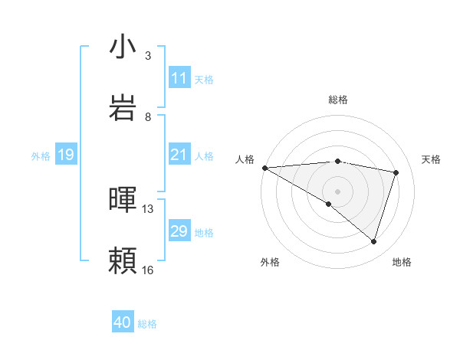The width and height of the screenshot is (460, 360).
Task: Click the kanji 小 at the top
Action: pos(123,47)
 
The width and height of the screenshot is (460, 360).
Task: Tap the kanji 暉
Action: pos(123,200)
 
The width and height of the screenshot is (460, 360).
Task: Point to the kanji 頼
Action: pos(123,261)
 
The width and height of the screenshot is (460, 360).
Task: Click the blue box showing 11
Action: pos(179,78)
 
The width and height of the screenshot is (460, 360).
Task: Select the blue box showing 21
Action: pos(179,155)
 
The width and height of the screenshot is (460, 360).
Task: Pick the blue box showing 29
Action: pos(179,231)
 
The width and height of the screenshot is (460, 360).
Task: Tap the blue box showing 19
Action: pos(66,155)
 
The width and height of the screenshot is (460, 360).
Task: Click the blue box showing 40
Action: pos(123,323)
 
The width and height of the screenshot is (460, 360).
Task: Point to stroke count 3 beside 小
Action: pos(148,56)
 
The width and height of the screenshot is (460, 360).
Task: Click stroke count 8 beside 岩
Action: pos(148,117)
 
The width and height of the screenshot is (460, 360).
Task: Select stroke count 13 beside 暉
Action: pos(148,208)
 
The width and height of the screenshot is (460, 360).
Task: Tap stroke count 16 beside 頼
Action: pos(148,270)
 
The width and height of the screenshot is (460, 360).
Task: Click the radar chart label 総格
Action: pos(338,100)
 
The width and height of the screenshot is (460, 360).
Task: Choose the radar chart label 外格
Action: pos(270,262)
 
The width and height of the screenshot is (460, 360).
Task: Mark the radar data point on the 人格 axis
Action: pos(264,168)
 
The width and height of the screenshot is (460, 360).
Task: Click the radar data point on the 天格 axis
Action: pos(396,172)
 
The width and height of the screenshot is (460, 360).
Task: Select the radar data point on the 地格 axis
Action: pos(374,242)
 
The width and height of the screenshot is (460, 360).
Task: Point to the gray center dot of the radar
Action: pos(337,191)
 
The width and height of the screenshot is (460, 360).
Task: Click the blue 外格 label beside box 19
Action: pos(41,156)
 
